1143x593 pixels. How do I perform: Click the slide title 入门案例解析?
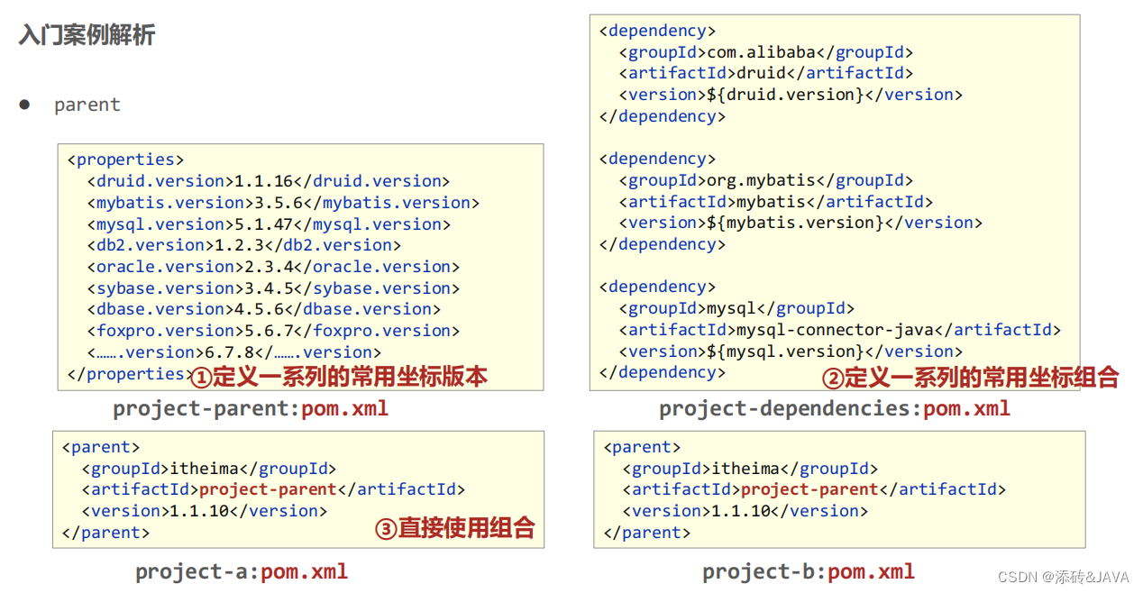coord(87,35)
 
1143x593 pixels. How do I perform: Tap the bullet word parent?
coord(87,105)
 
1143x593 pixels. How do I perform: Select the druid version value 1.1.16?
coord(263,181)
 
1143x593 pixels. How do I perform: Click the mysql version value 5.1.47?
coord(263,224)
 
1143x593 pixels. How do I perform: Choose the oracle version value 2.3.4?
coord(268,267)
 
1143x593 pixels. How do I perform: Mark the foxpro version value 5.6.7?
coord(269,331)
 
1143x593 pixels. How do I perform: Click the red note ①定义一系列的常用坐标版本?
coord(339,376)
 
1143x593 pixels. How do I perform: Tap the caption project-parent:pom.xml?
coord(251,408)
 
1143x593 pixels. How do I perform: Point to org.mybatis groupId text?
coord(761,180)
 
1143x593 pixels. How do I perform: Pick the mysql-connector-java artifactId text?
coord(836,330)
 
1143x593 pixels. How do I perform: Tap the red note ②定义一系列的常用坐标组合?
coord(970,377)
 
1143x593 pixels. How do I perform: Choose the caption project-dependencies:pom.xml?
coord(834,408)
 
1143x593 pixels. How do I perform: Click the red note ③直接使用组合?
coord(454,527)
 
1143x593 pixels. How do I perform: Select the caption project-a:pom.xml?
coord(242,571)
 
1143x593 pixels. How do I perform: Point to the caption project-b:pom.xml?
coord(809,571)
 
